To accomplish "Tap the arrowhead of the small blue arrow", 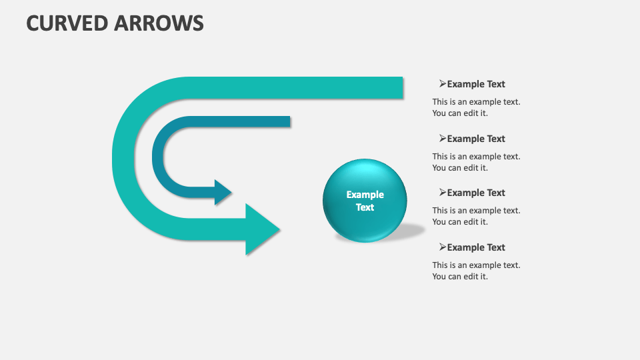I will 223,192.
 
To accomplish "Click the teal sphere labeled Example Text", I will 365,200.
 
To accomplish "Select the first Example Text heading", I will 476,84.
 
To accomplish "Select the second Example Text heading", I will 476,139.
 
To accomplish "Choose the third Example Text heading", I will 476,193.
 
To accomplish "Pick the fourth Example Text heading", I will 476,247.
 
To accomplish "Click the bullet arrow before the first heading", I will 443,84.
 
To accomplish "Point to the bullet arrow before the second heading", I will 443,139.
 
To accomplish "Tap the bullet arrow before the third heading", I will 443,193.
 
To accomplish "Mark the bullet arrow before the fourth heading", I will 443,247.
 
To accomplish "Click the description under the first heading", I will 476,107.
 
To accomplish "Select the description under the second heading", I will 476,162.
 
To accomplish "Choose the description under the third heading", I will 476,216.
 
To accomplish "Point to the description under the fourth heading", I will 476,271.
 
